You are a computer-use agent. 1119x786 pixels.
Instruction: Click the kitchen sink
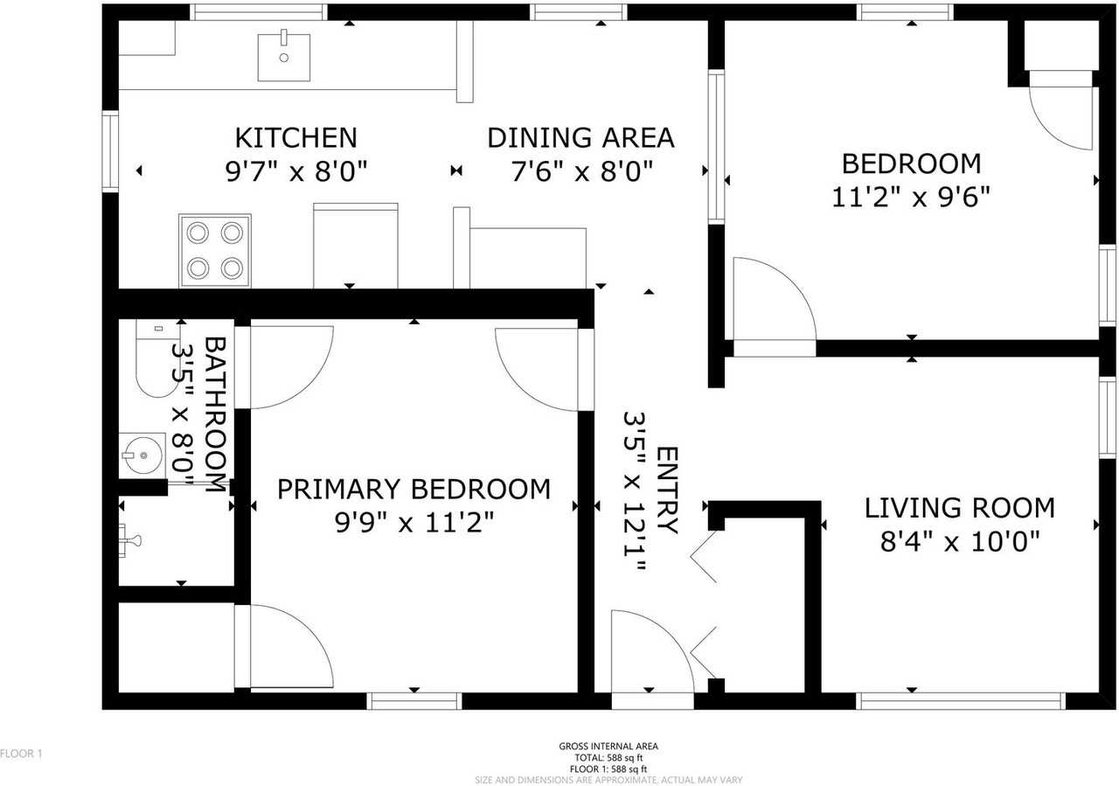[283, 57]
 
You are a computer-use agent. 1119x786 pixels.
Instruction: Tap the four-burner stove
[215, 250]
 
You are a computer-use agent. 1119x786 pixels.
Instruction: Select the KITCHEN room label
[295, 138]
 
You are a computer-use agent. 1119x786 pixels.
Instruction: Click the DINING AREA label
[580, 138]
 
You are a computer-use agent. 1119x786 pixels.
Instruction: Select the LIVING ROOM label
[959, 508]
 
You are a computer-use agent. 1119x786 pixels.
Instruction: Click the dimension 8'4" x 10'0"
[959, 543]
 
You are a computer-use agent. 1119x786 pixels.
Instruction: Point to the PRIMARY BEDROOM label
[414, 489]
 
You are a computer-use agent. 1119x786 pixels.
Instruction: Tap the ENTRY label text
[667, 490]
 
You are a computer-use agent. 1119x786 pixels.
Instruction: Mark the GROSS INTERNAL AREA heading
[608, 747]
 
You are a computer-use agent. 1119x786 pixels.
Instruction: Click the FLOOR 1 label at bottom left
[21, 753]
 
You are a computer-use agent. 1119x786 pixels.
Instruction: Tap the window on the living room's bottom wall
[960, 700]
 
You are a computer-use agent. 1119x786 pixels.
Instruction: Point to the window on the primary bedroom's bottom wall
[414, 700]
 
